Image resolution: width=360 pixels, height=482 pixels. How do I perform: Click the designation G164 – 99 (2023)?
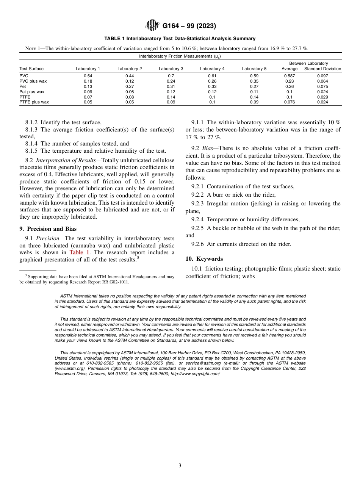pyautogui.click(x=189, y=26)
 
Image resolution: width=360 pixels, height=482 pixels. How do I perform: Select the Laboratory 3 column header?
pyautogui.click(x=171, y=69)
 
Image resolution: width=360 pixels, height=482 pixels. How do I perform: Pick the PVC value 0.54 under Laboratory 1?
pyautogui.click(x=88, y=76)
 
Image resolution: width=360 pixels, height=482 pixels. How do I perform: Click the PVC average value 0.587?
pyautogui.click(x=289, y=76)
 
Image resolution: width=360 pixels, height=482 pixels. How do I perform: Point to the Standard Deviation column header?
pyautogui.click(x=322, y=69)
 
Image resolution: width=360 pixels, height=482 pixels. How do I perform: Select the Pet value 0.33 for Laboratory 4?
pyautogui.click(x=212, y=86)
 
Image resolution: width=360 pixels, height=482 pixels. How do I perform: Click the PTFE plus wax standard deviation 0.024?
pyautogui.click(x=322, y=102)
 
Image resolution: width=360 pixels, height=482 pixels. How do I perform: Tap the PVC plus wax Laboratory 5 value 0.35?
pyautogui.click(x=254, y=81)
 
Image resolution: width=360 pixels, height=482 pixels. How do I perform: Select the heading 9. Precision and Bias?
pyautogui.click(x=48, y=229)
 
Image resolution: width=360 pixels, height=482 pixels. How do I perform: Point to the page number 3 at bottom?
pyautogui.click(x=180, y=466)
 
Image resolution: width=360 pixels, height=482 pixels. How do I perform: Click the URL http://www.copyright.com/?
pyautogui.click(x=195, y=374)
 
